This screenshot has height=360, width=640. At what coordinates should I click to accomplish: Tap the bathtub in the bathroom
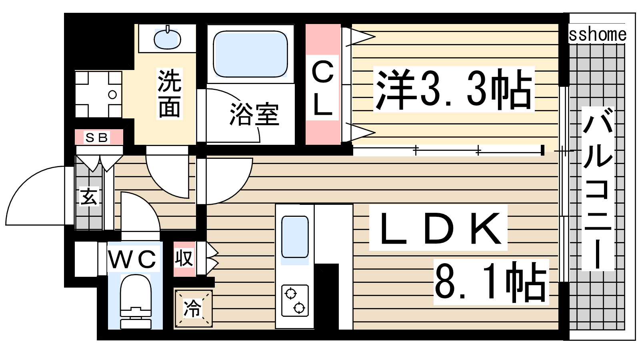[x=250, y=54]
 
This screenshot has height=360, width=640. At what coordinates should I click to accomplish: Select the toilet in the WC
[x=136, y=302]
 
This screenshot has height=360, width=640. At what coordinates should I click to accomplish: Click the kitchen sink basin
[x=295, y=237]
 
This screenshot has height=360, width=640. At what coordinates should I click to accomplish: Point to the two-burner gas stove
[x=295, y=300]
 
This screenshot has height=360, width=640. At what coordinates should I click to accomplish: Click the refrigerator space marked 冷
[x=193, y=308]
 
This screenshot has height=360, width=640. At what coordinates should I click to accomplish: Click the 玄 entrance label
[x=89, y=196]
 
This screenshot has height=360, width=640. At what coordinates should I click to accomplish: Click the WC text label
[x=132, y=260]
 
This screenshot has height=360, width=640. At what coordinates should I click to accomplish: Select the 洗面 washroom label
[x=170, y=94]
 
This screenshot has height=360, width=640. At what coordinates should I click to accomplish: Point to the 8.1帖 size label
[x=490, y=282]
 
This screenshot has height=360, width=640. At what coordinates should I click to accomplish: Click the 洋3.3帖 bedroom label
[x=454, y=89]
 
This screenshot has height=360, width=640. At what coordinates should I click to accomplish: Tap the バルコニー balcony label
[x=598, y=188]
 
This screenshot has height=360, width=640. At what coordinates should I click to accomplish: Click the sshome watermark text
[x=598, y=34]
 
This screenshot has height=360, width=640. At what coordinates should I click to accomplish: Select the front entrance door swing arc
[x=26, y=183]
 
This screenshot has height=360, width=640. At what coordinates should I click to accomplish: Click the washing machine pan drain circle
[x=112, y=94]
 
